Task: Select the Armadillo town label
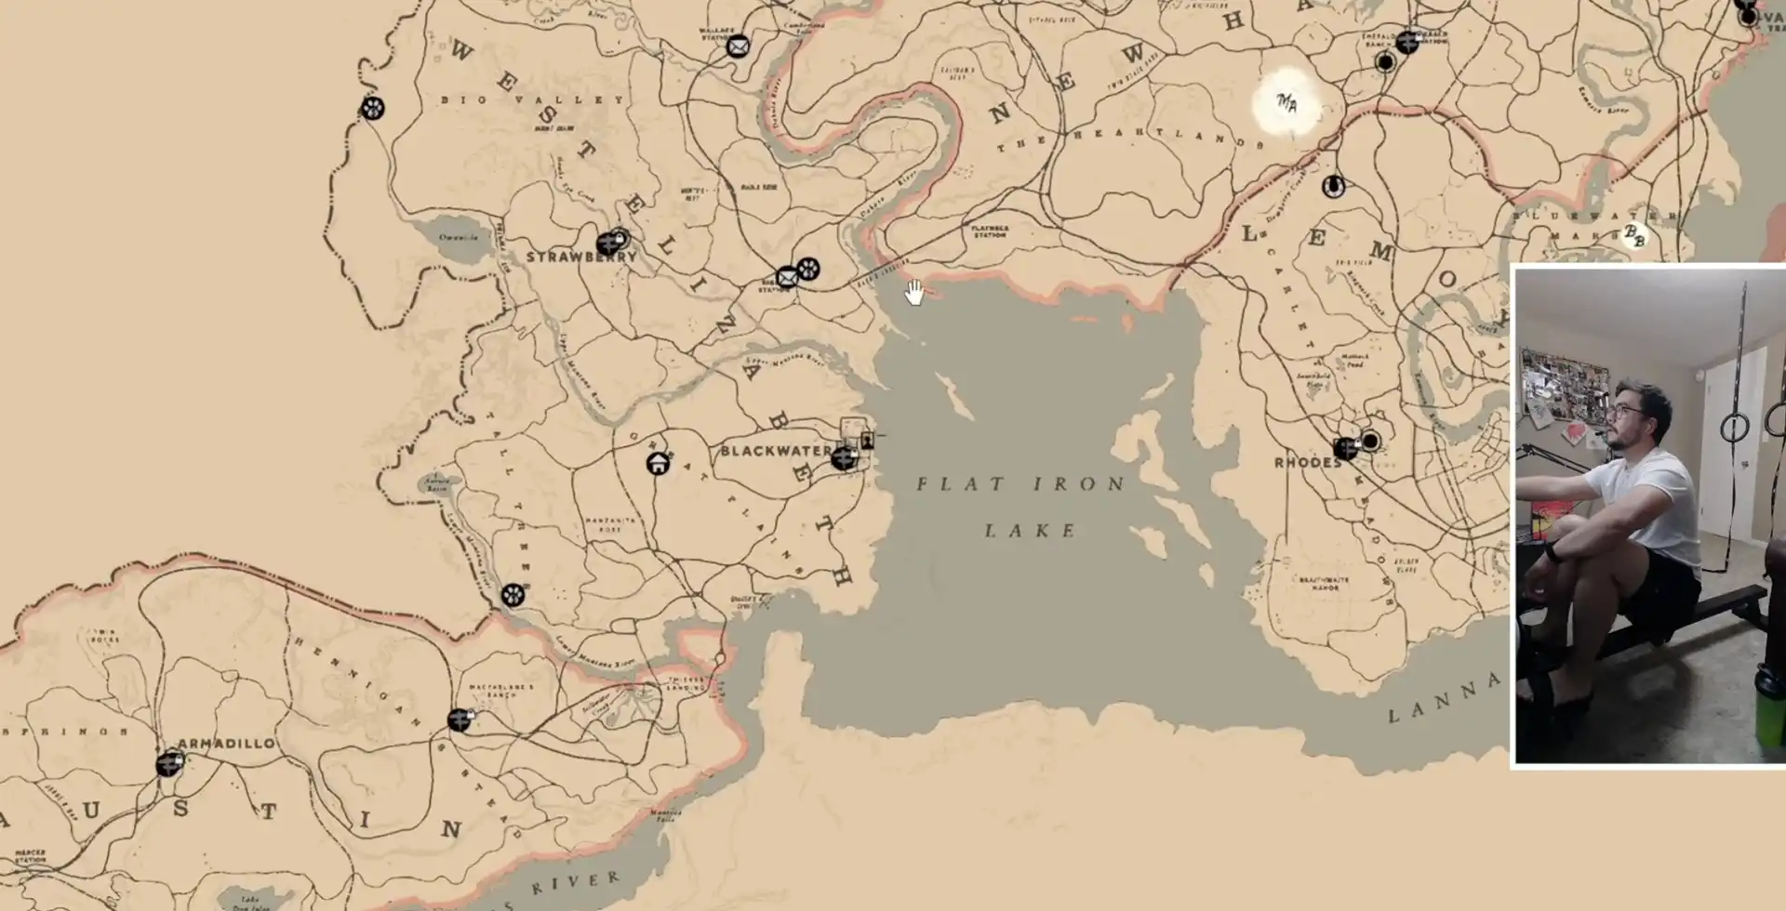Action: coord(226,744)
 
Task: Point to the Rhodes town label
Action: coord(1306,463)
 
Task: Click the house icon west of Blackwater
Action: coord(659,463)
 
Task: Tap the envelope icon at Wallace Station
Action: coord(738,46)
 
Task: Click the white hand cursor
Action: coord(914,293)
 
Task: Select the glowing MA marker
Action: coord(1286,103)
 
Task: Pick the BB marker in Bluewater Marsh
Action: coord(1633,235)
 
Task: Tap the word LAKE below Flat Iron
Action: coord(1031,531)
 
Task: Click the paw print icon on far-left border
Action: coord(372,109)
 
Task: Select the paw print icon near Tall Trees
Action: coord(513,595)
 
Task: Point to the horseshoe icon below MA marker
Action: coord(1333,187)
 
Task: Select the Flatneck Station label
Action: coord(990,231)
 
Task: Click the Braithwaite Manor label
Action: coord(1324,583)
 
